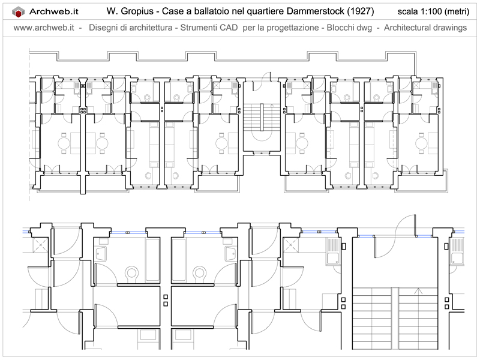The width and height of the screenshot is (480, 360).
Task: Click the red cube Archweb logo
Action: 18,12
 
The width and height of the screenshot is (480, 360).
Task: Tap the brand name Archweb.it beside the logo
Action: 54,11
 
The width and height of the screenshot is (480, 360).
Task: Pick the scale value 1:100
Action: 431,11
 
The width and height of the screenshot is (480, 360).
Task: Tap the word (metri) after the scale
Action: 457,11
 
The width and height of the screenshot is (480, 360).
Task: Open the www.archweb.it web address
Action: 44,28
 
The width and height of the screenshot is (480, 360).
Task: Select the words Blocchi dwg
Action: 349,28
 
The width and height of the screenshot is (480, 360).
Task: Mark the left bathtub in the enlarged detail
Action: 152,259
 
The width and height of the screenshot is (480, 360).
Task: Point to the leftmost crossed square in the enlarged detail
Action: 40,245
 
